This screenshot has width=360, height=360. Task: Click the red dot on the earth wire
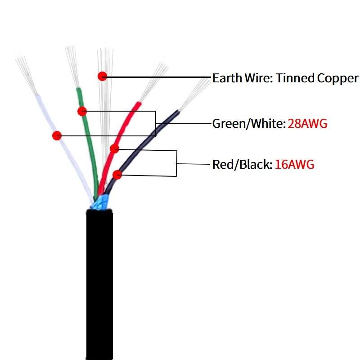coord(103,76)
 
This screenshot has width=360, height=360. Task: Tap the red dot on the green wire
coord(81,111)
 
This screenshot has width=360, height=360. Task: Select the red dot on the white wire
coord(57,135)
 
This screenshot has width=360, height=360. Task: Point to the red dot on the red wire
coord(114,148)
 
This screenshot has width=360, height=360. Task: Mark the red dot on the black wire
coord(117,174)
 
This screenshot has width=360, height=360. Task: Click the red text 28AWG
coord(307,123)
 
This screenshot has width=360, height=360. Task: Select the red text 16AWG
coord(295,164)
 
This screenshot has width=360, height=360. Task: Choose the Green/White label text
coord(249,123)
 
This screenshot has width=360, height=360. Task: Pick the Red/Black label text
coord(242,164)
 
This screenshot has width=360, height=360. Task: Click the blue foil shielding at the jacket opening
coord(100,202)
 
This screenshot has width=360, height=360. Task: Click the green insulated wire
coord(89,148)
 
